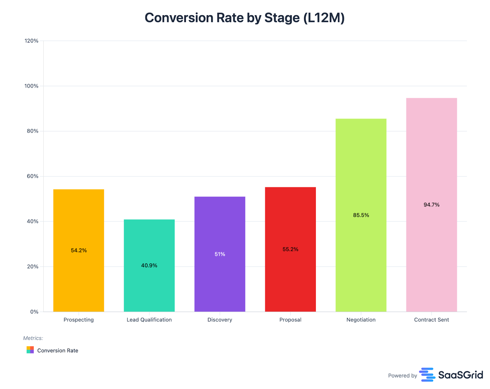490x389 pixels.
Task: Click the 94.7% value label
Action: (x=431, y=205)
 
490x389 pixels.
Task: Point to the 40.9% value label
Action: (x=149, y=265)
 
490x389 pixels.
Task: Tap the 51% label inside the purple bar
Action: (x=220, y=254)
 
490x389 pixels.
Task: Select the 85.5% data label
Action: (x=361, y=215)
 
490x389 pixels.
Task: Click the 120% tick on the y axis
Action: (x=32, y=41)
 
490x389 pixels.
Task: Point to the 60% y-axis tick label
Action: (x=32, y=176)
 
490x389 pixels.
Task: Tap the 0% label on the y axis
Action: (x=34, y=312)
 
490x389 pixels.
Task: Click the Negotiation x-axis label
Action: (x=361, y=320)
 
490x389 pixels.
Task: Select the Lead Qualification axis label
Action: (x=149, y=320)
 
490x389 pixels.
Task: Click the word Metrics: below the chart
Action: (x=33, y=338)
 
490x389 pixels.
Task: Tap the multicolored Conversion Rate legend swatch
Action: (x=30, y=350)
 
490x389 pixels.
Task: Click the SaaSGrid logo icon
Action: (x=427, y=375)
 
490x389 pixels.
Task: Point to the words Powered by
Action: (x=402, y=376)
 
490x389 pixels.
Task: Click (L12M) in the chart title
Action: (x=324, y=18)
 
